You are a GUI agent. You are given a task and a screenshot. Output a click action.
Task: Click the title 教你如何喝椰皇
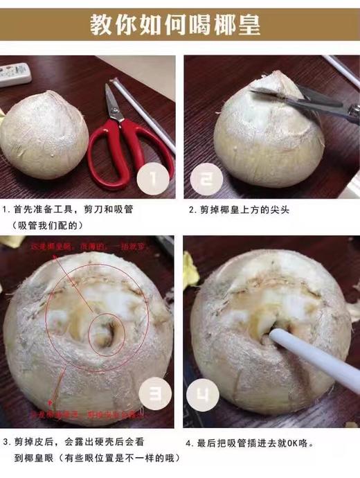(x=180, y=26)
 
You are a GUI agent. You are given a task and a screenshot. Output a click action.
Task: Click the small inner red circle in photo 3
(x=104, y=333)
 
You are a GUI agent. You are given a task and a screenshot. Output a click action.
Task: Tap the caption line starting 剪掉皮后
(x=76, y=442)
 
